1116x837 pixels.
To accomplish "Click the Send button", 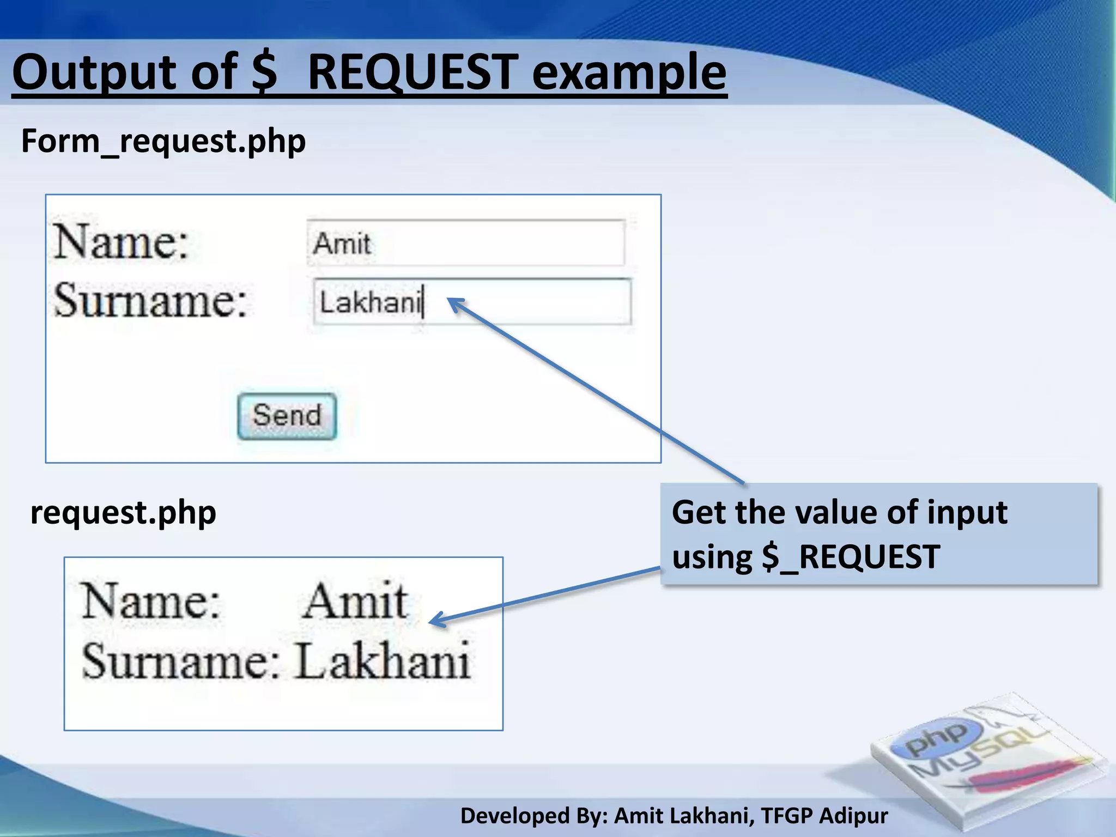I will click(x=287, y=416).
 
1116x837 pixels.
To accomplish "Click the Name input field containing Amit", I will click(x=465, y=243).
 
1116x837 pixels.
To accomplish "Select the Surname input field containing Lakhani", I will click(x=472, y=302).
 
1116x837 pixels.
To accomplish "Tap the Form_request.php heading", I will click(x=163, y=141).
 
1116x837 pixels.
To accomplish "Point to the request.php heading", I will click(x=123, y=513).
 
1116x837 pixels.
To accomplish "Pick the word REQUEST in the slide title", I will click(x=413, y=72).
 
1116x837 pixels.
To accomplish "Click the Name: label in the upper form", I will click(x=121, y=241).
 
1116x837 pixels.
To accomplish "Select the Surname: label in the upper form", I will click(x=150, y=300).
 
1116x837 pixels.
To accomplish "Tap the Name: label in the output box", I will click(x=150, y=601).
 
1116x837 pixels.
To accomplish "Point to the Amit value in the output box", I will click(x=355, y=601).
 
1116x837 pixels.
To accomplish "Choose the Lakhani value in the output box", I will click(x=383, y=661).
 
